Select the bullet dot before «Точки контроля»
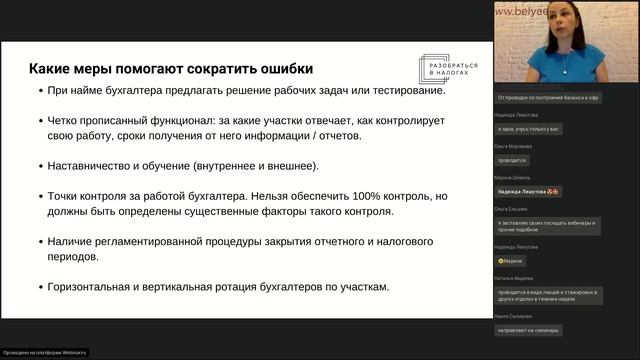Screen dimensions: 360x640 pos(37,197)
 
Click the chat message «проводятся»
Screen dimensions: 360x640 pos(512,160)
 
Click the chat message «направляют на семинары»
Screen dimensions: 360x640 pos(528,330)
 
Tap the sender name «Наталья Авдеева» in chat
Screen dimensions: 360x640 pos(514,277)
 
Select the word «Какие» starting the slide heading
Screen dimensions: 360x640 pos(48,69)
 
